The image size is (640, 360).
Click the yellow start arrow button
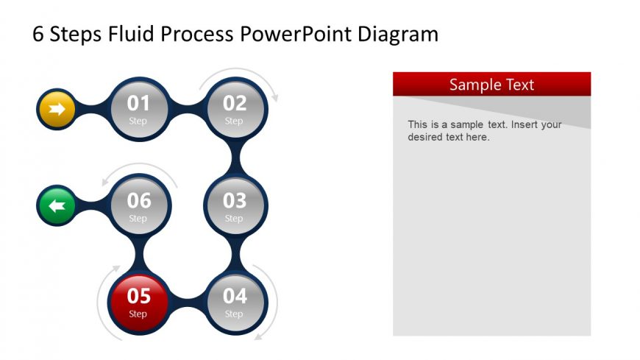[57, 110]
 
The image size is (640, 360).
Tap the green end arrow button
[57, 206]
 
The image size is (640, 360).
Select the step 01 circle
[138, 109]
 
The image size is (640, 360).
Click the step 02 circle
[235, 109]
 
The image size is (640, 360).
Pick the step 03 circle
[235, 205]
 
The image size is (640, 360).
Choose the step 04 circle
[235, 302]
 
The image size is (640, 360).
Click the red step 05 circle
[138, 302]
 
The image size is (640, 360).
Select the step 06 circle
[138, 205]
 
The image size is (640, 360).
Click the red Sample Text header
[491, 84]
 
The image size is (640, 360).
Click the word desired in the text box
[424, 137]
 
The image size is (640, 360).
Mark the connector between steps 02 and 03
[235, 157]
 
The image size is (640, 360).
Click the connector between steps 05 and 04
[187, 302]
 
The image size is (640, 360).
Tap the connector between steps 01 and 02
[187, 109]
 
